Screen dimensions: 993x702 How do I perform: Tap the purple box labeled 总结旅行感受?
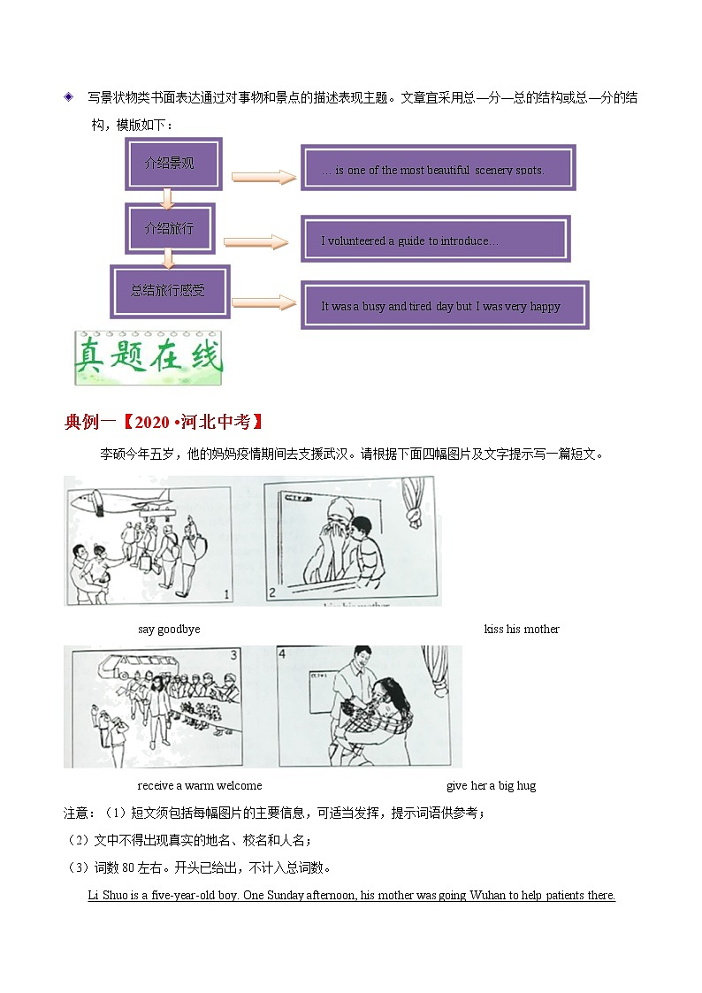point(170,290)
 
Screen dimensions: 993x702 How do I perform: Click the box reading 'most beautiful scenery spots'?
point(438,168)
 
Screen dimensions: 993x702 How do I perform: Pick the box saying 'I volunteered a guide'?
point(435,239)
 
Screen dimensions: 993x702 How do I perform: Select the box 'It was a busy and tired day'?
point(444,305)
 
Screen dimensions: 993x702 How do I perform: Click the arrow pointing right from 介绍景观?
point(263,178)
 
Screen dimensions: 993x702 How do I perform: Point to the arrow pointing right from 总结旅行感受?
point(263,303)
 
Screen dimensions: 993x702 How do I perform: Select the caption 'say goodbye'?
point(169,629)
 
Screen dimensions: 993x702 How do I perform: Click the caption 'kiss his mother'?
point(522,629)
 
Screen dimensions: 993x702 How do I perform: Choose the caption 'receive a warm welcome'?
point(200,785)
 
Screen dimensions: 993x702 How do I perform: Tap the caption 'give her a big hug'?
point(491,785)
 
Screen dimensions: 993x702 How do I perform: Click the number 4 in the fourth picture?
point(282,654)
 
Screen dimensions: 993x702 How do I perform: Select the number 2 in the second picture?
point(272,593)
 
